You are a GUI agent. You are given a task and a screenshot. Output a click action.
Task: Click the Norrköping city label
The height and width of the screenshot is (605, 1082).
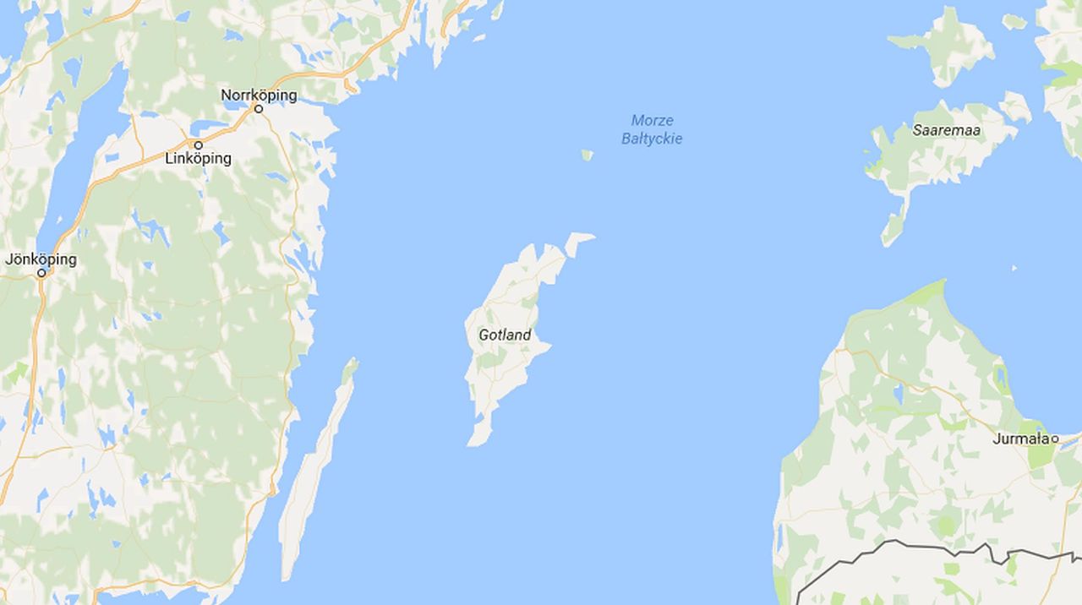click(x=259, y=95)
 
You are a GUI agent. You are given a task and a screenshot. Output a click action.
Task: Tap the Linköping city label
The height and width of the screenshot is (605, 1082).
click(x=198, y=159)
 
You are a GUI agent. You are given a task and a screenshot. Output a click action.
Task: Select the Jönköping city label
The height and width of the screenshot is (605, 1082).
click(x=41, y=259)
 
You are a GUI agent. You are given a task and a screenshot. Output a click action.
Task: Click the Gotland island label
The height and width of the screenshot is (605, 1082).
click(x=505, y=335)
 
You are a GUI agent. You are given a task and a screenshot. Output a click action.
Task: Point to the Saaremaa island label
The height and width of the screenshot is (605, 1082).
click(x=946, y=130)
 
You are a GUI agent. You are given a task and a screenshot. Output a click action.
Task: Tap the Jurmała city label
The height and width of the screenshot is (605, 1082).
click(x=1021, y=439)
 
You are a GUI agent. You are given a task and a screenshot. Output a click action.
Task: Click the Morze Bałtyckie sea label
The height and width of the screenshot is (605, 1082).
click(x=652, y=130)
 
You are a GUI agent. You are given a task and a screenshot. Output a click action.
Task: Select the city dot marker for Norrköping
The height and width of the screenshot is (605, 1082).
click(x=259, y=109)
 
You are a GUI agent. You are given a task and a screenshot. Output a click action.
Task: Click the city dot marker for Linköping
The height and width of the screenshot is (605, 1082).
click(x=199, y=145)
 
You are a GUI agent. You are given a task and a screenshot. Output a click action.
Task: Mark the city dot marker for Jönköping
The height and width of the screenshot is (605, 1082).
click(x=41, y=274)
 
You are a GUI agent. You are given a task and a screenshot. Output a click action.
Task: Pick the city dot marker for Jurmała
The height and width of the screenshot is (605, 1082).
click(x=1056, y=439)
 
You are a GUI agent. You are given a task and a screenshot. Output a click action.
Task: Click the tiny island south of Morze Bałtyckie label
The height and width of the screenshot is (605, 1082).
click(x=587, y=155)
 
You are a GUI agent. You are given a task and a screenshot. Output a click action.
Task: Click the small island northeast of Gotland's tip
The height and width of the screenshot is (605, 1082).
click(x=579, y=241)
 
